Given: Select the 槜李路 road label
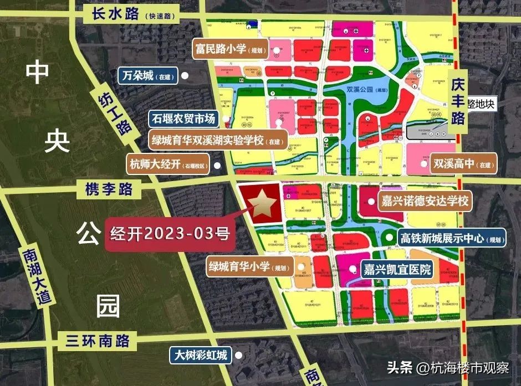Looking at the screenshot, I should click(x=110, y=189).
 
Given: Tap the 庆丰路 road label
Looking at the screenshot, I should click(x=458, y=102).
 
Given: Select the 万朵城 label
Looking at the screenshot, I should click(x=147, y=75).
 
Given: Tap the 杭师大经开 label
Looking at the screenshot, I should click(x=170, y=164).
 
